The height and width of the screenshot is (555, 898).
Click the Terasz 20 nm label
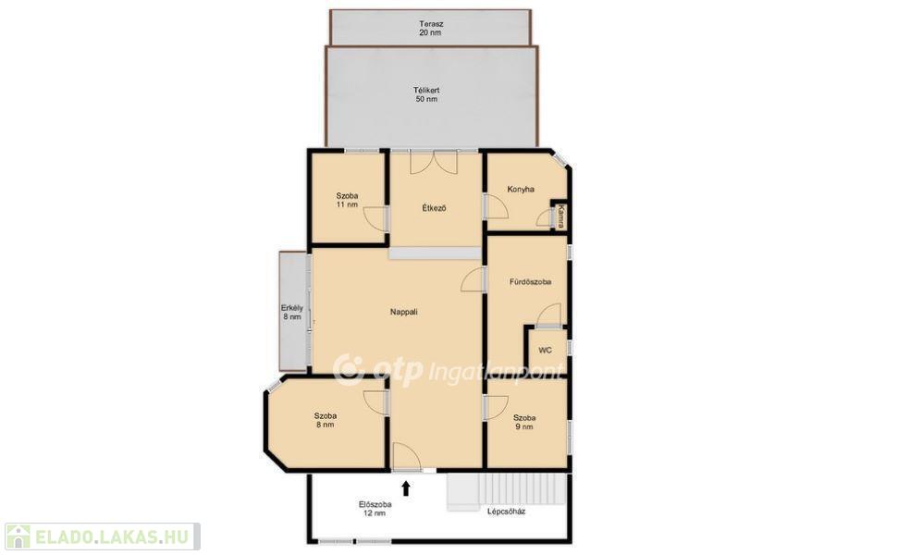[430, 29]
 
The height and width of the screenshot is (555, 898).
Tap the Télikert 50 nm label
[426, 94]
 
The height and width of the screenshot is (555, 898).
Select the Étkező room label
[434, 208]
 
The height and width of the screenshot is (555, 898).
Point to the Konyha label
[521, 189]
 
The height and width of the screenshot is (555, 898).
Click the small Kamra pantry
[560, 216]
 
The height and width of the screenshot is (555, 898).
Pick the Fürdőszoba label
[530, 282]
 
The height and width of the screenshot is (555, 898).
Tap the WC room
[546, 350]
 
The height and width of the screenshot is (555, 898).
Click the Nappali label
[404, 312]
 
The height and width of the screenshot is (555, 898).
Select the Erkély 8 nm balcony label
[292, 312]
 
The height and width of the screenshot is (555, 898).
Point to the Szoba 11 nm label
[347, 200]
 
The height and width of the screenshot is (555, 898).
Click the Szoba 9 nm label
[524, 422]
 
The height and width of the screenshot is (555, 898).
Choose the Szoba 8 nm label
[325, 420]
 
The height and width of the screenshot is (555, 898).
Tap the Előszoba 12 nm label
[375, 509]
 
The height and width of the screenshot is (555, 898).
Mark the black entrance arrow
[406, 487]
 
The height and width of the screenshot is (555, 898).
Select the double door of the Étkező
[434, 162]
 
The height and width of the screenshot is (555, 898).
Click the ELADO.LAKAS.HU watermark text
[111, 537]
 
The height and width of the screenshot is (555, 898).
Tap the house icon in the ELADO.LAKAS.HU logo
[18, 536]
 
